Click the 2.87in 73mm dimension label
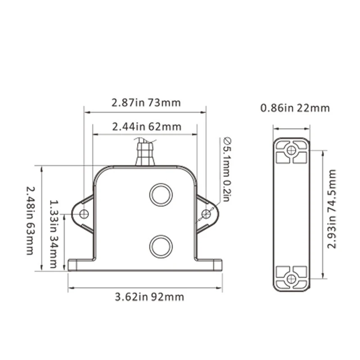click(x=146, y=103)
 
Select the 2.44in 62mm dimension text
click(x=147, y=127)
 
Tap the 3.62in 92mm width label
click(x=149, y=297)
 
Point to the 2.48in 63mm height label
click(x=30, y=220)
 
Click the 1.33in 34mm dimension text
click(x=54, y=234)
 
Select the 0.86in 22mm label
click(x=295, y=108)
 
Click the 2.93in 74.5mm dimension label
click(x=331, y=209)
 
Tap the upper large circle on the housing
click(x=161, y=195)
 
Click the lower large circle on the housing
click(x=161, y=246)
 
